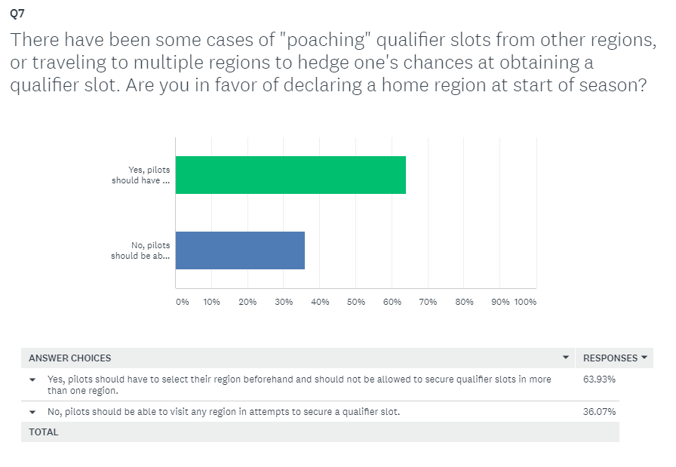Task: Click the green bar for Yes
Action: [x=290, y=175]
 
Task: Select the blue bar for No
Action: [x=240, y=250]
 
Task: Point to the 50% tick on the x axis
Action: [x=355, y=302]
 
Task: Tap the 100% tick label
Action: [x=525, y=302]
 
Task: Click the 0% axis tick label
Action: [x=182, y=302]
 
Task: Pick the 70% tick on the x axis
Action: [x=428, y=302]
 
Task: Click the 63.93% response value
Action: [x=599, y=379]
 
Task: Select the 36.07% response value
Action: [x=599, y=412]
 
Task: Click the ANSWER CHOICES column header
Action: [x=70, y=358]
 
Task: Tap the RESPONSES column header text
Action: [x=610, y=358]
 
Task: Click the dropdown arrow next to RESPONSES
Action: [x=644, y=358]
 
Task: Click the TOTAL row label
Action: [x=44, y=432]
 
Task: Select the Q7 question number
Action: [x=17, y=14]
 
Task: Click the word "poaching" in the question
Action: [x=325, y=40]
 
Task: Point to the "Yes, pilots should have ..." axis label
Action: [x=140, y=175]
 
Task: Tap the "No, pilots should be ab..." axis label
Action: [x=140, y=250]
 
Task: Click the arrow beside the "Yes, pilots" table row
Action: [x=32, y=380]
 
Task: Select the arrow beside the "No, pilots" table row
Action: [x=32, y=412]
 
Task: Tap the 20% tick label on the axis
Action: [x=247, y=302]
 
